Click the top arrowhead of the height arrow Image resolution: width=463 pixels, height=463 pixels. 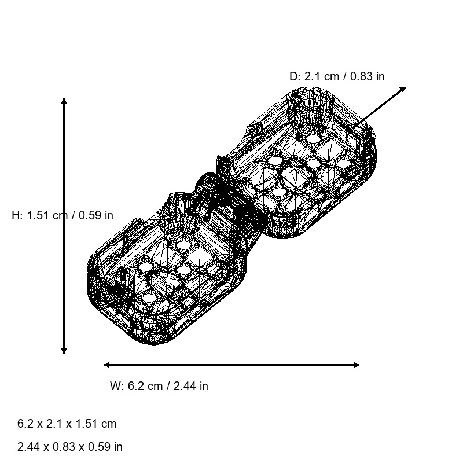[x=64, y=101]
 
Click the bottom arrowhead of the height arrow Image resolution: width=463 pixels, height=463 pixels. [x=64, y=351]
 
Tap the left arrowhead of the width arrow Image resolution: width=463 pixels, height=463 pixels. [x=107, y=365]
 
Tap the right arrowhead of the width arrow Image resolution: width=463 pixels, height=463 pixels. [x=357, y=365]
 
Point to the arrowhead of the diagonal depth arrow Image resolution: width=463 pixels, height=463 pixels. [x=403, y=89]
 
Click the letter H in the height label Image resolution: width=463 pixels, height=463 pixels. [x=16, y=215]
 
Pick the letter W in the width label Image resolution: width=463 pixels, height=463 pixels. [x=115, y=386]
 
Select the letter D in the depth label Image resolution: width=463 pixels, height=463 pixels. [x=294, y=76]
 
